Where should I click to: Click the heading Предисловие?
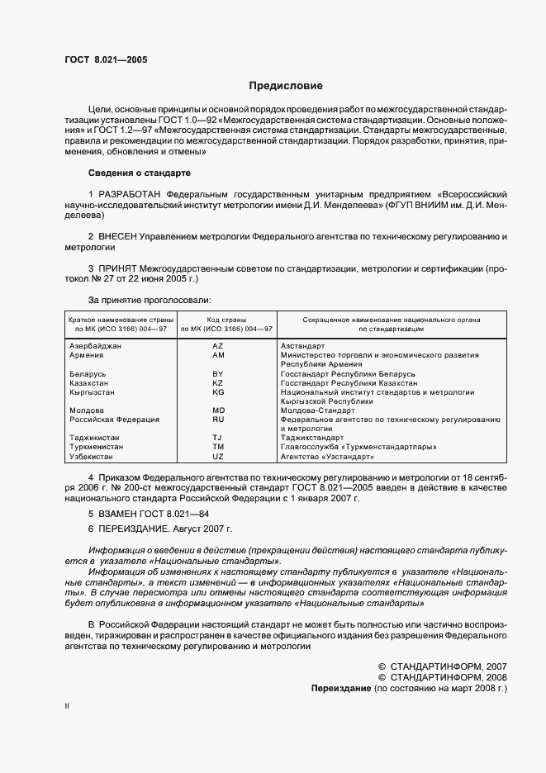(x=287, y=86)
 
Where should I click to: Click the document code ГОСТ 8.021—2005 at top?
(x=107, y=59)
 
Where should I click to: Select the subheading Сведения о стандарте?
(x=140, y=173)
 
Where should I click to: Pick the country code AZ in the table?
(x=218, y=345)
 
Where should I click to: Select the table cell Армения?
(x=88, y=354)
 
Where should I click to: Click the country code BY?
(x=218, y=374)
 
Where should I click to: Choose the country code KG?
(x=218, y=392)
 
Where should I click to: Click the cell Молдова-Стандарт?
(x=317, y=410)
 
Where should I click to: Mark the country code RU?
(x=218, y=420)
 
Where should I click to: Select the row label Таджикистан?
(x=95, y=438)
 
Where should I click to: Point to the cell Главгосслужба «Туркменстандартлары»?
(x=358, y=447)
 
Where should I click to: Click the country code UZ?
(x=218, y=456)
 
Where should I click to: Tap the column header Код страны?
(x=218, y=319)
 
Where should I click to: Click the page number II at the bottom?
(x=68, y=707)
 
